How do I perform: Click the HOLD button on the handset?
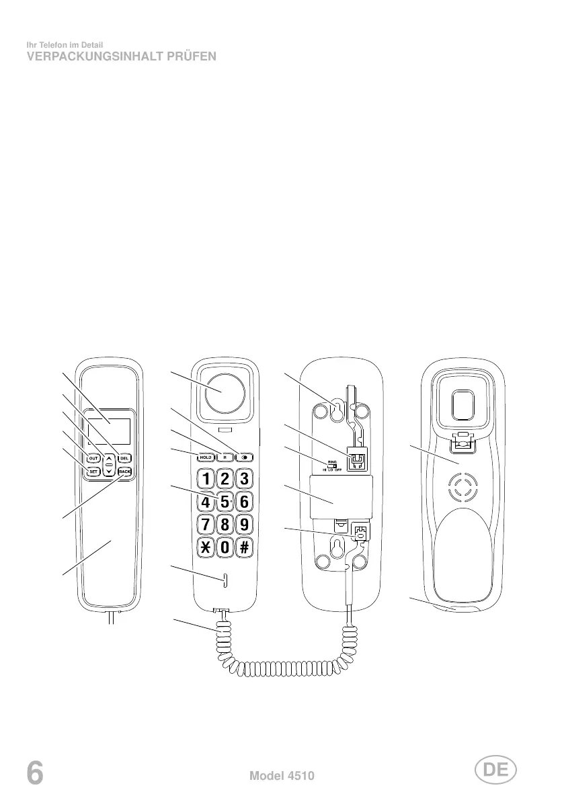(x=204, y=457)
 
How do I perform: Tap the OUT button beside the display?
(x=93, y=458)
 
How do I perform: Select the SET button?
(x=93, y=472)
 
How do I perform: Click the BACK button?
(x=124, y=472)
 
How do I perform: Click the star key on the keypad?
(x=205, y=547)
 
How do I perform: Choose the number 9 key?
(x=244, y=525)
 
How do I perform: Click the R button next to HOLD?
(x=225, y=457)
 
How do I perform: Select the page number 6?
(x=35, y=774)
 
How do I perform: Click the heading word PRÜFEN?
(x=192, y=57)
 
